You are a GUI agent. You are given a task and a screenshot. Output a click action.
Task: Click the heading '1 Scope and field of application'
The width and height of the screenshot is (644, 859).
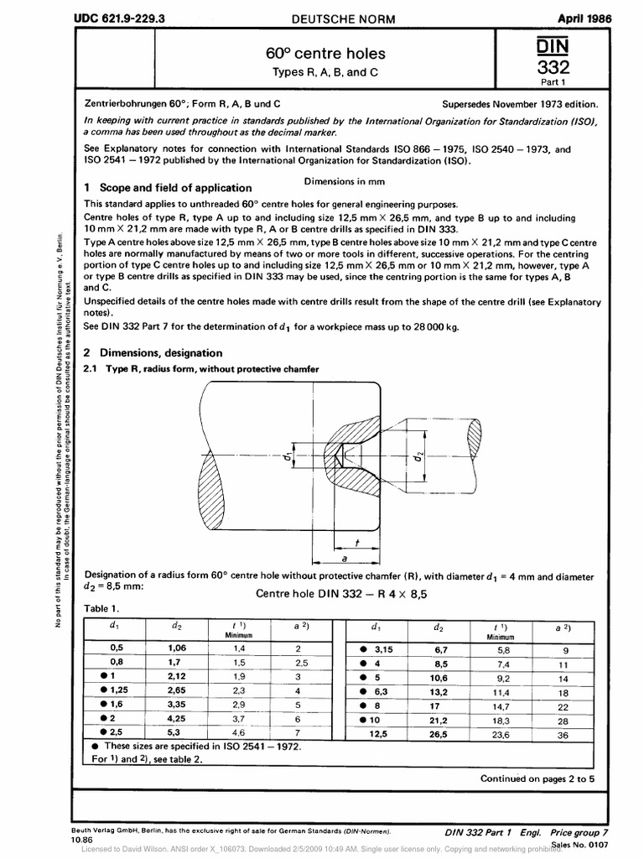pyautogui.click(x=169, y=188)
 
